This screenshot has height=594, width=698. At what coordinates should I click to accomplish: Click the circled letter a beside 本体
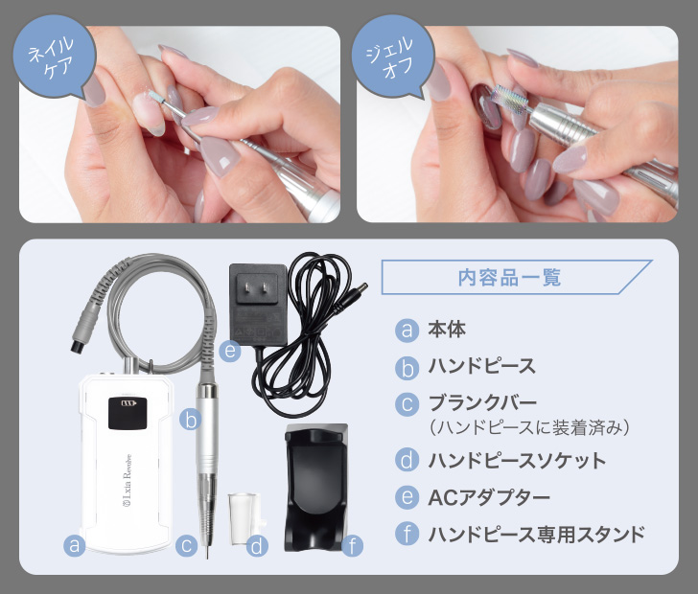point(407,331)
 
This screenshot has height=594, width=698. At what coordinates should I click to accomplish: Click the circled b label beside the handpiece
point(190,419)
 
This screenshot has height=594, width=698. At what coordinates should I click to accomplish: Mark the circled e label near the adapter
point(228,352)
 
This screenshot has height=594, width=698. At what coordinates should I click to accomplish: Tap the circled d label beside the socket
point(256,546)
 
